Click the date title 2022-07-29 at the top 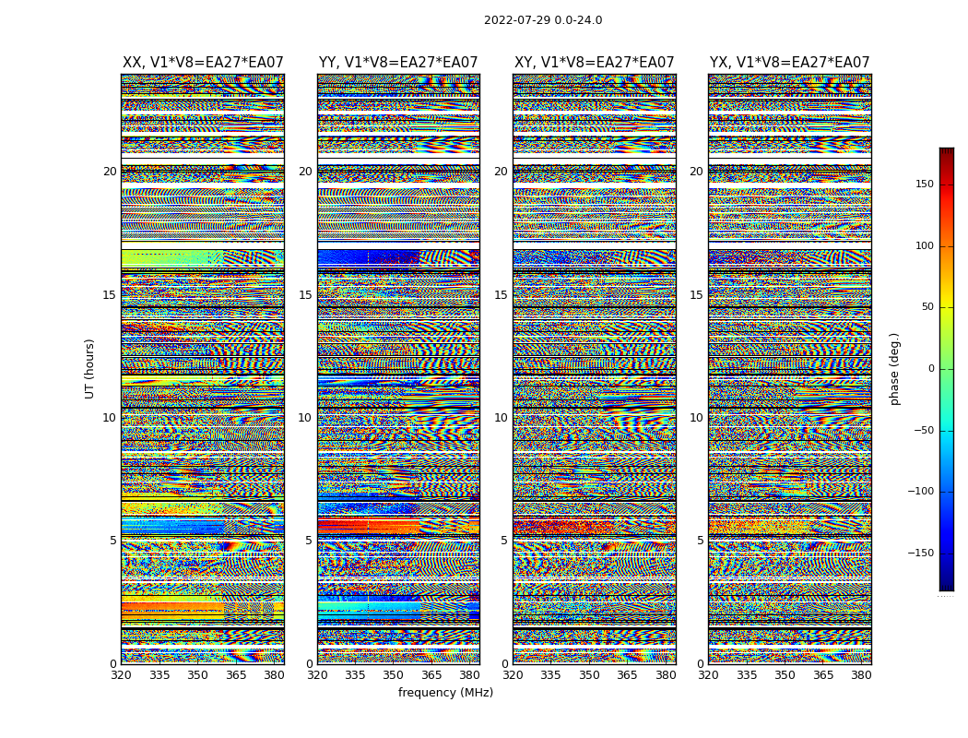click(543, 20)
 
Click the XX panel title click(203, 63)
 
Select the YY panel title click(398, 63)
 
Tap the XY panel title click(594, 63)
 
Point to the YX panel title click(789, 63)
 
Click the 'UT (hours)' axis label click(89, 368)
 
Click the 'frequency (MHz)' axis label click(445, 693)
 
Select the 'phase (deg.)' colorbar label click(894, 368)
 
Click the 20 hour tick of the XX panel click(110, 172)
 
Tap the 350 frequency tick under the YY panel click(394, 675)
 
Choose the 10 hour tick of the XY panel click(501, 418)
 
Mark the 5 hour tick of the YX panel click(700, 541)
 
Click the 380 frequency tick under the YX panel click(861, 675)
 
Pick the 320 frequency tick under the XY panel click(514, 675)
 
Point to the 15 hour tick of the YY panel click(305, 295)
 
